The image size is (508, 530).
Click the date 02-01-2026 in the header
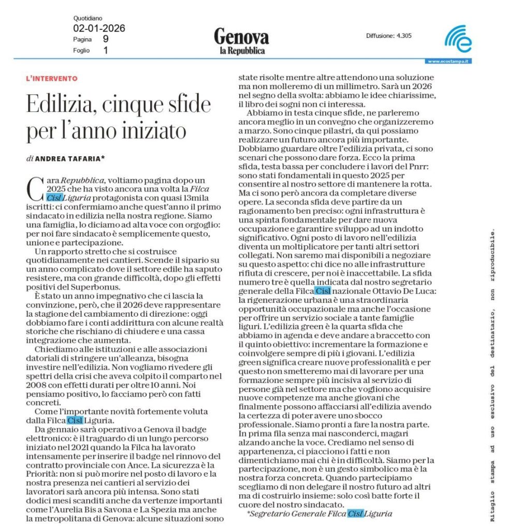pyautogui.click(x=99, y=28)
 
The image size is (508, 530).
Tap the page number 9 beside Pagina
pyautogui.click(x=106, y=39)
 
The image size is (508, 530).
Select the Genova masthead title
pyautogui.click(x=241, y=37)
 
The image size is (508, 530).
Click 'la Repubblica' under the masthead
pyautogui.click(x=241, y=50)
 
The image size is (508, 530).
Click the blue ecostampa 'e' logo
pyautogui.click(x=458, y=39)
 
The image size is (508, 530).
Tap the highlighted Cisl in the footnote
pyautogui.click(x=355, y=513)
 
